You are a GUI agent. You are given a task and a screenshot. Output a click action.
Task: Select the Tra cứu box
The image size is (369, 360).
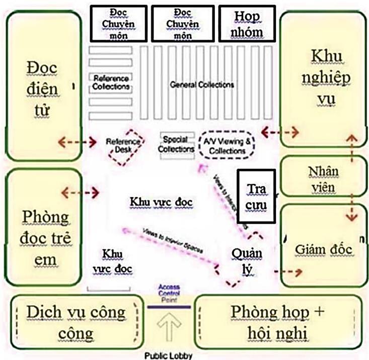(257, 196)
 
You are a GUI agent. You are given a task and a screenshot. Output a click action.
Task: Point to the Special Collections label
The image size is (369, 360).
(176, 144)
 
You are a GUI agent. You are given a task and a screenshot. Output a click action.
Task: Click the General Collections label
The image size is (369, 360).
(202, 84)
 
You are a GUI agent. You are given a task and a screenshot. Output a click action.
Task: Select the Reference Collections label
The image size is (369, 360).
(111, 83)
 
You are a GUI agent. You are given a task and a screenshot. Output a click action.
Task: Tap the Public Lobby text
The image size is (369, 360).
(169, 355)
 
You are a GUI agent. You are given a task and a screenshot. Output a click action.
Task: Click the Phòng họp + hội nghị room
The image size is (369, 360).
(277, 322)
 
